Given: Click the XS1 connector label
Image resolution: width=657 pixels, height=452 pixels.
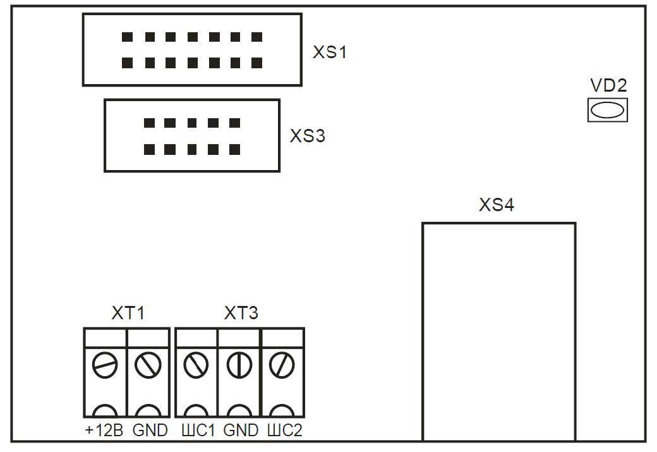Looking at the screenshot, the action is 330,52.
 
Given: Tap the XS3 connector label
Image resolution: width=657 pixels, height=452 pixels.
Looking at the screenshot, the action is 308,136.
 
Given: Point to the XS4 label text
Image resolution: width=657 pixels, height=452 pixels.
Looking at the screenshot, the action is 497,205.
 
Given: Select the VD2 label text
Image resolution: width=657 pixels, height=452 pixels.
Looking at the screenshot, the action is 608,85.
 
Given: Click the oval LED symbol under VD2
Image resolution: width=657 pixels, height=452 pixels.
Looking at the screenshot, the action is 608,110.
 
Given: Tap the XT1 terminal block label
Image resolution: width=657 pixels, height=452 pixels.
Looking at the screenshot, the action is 128,313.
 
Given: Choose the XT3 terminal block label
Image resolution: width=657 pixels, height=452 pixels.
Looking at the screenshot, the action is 241,313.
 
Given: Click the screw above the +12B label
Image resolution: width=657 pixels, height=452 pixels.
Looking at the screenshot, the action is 105,365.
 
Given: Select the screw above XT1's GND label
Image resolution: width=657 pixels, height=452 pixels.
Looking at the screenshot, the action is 148,365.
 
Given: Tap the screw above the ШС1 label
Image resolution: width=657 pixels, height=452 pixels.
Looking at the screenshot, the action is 196,365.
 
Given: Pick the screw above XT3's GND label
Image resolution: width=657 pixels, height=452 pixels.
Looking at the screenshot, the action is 239,365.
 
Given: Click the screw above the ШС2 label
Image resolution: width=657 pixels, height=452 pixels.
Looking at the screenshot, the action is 282,365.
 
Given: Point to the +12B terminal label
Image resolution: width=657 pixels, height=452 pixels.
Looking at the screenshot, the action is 104,431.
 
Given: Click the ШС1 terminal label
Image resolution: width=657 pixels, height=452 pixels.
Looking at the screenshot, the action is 198,431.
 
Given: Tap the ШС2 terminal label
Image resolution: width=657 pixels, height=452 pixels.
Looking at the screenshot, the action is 284,431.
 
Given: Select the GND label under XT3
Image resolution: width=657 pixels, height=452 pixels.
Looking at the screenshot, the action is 241,431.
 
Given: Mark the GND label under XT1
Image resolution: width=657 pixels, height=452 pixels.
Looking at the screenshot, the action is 150,431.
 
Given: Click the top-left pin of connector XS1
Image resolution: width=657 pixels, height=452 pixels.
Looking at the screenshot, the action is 128,37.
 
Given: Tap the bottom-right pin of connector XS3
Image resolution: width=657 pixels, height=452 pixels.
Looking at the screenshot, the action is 234,150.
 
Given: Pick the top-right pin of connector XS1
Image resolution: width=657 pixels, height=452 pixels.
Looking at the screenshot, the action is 257,37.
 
